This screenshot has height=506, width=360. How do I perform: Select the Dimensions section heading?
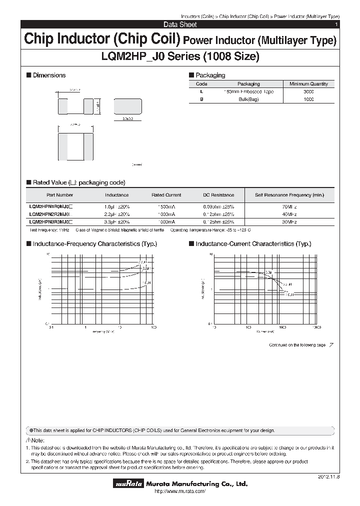click(48, 75)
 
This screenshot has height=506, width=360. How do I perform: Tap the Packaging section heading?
click(209, 75)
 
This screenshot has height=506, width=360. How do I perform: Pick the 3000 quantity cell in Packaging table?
click(308, 92)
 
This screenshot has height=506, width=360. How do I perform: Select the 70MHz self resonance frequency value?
click(289, 206)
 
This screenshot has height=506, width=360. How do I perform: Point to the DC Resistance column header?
click(218, 195)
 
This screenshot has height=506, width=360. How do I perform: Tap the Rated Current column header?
click(166, 195)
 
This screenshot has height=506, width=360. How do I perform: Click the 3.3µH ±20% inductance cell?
click(117, 221)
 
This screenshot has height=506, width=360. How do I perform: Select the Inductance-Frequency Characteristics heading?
click(94, 244)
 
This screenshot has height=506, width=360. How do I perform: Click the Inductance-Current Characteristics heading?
click(253, 244)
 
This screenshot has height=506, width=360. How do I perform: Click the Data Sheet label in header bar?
click(180, 24)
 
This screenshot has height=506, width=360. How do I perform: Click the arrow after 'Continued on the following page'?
click(331, 345)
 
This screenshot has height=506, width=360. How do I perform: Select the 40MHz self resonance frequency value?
click(289, 213)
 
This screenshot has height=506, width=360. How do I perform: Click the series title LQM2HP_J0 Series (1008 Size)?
click(180, 56)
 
